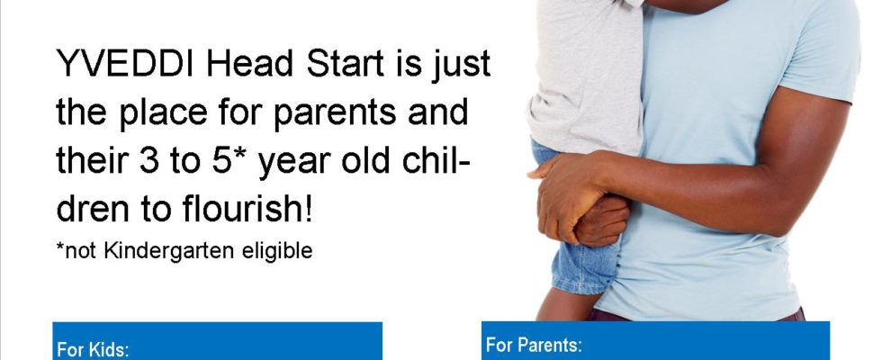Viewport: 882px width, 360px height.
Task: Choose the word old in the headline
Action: [365, 160]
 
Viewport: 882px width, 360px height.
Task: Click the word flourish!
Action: [247, 209]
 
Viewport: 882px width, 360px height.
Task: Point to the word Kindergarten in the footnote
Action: [169, 251]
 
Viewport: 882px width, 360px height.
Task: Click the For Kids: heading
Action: [93, 350]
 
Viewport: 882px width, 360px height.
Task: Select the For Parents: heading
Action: [534, 344]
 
